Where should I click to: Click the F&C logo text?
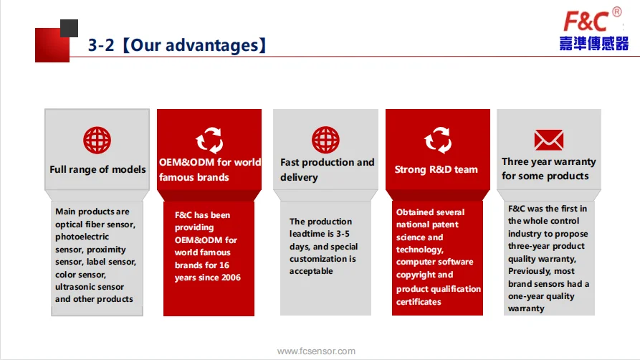(x=586, y=22)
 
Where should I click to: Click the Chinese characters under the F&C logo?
(x=594, y=43)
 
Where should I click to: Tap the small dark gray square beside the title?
(x=69, y=28)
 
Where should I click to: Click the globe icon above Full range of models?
(x=97, y=140)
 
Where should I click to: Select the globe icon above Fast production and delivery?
(x=325, y=140)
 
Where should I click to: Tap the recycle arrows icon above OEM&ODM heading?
(x=209, y=140)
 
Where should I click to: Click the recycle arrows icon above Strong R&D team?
(x=438, y=140)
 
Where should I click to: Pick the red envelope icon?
(x=549, y=140)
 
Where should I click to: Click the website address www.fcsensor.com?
(x=316, y=351)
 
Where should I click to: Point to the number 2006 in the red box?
(x=231, y=278)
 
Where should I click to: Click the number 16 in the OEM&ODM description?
(x=224, y=265)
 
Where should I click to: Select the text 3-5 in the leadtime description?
(x=343, y=234)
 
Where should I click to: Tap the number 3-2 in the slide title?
(x=101, y=45)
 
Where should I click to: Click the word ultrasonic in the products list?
(x=75, y=287)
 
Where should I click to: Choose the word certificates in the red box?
(x=419, y=302)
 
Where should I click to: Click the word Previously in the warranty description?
(x=525, y=271)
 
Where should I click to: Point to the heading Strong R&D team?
(x=436, y=169)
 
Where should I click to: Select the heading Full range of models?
(x=97, y=169)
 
